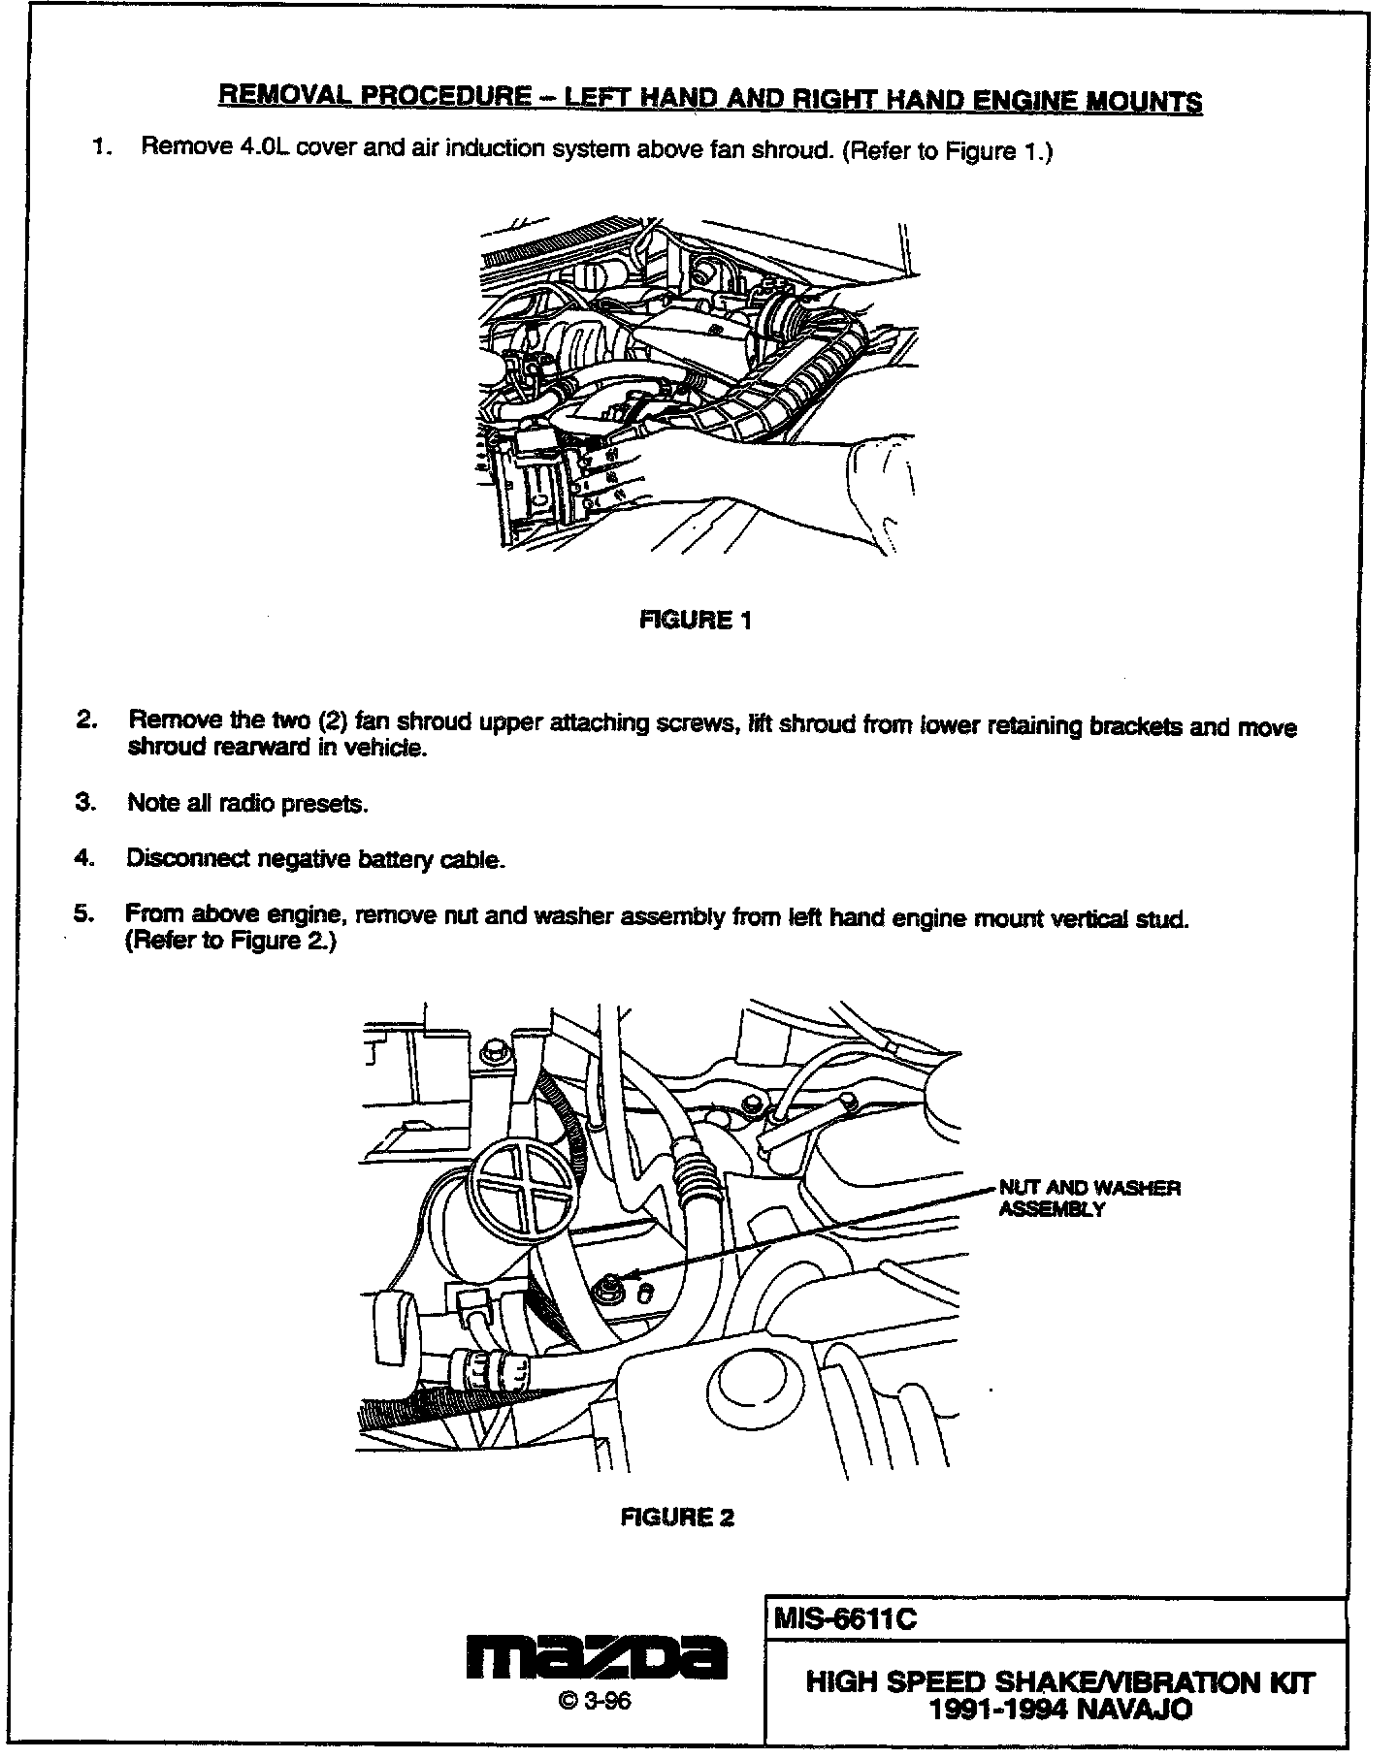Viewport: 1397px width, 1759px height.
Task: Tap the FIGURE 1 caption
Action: pos(696,620)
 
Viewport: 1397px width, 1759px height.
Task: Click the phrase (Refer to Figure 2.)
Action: pos(231,942)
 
